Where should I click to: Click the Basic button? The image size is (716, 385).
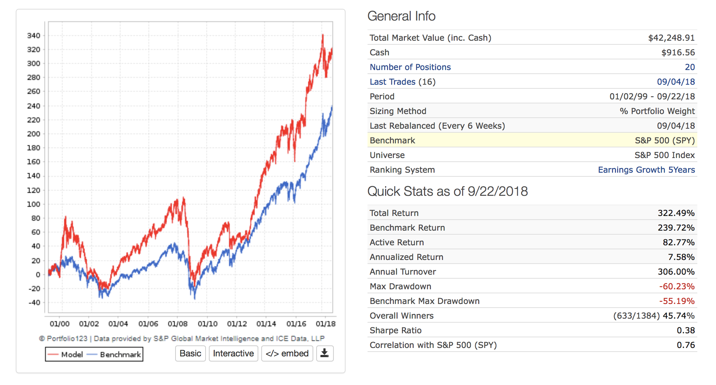point(190,353)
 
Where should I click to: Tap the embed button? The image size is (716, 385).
point(287,353)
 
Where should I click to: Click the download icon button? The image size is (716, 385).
point(325,353)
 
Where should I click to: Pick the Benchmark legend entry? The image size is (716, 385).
point(115,355)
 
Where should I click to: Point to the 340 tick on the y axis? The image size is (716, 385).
point(34,36)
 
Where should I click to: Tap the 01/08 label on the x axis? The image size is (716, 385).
point(178,324)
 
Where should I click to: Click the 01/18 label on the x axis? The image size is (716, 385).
point(325,324)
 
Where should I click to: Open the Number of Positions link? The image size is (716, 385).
point(410,67)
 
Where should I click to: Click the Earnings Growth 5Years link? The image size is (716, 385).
point(646,170)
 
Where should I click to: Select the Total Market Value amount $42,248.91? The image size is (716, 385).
point(671,38)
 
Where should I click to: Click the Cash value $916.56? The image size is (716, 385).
point(678,52)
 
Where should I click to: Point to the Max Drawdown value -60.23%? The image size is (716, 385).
point(676,286)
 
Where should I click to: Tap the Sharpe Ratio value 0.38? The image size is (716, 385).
point(686,330)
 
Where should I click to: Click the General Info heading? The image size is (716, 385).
point(401,16)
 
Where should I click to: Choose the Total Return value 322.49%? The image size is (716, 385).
point(676,213)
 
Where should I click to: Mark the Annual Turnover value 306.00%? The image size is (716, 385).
point(676,272)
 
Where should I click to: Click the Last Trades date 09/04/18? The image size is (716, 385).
point(676,82)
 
